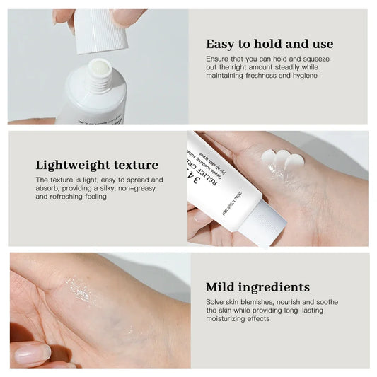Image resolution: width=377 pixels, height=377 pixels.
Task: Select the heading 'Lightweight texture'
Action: pyautogui.click(x=98, y=165)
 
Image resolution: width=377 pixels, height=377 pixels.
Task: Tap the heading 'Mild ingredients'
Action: pyautogui.click(x=257, y=286)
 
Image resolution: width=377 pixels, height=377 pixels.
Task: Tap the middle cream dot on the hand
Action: pyautogui.click(x=282, y=161)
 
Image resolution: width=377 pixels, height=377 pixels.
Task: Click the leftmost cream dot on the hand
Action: pyautogui.click(x=269, y=156)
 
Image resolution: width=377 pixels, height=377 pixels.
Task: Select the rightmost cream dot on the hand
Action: pyautogui.click(x=295, y=163)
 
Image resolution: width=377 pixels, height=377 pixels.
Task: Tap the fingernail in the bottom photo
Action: pyautogui.click(x=32, y=353)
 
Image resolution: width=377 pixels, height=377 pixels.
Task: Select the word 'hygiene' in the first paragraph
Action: pyautogui.click(x=304, y=76)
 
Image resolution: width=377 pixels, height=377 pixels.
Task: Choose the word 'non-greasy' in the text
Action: pyautogui.click(x=141, y=188)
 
